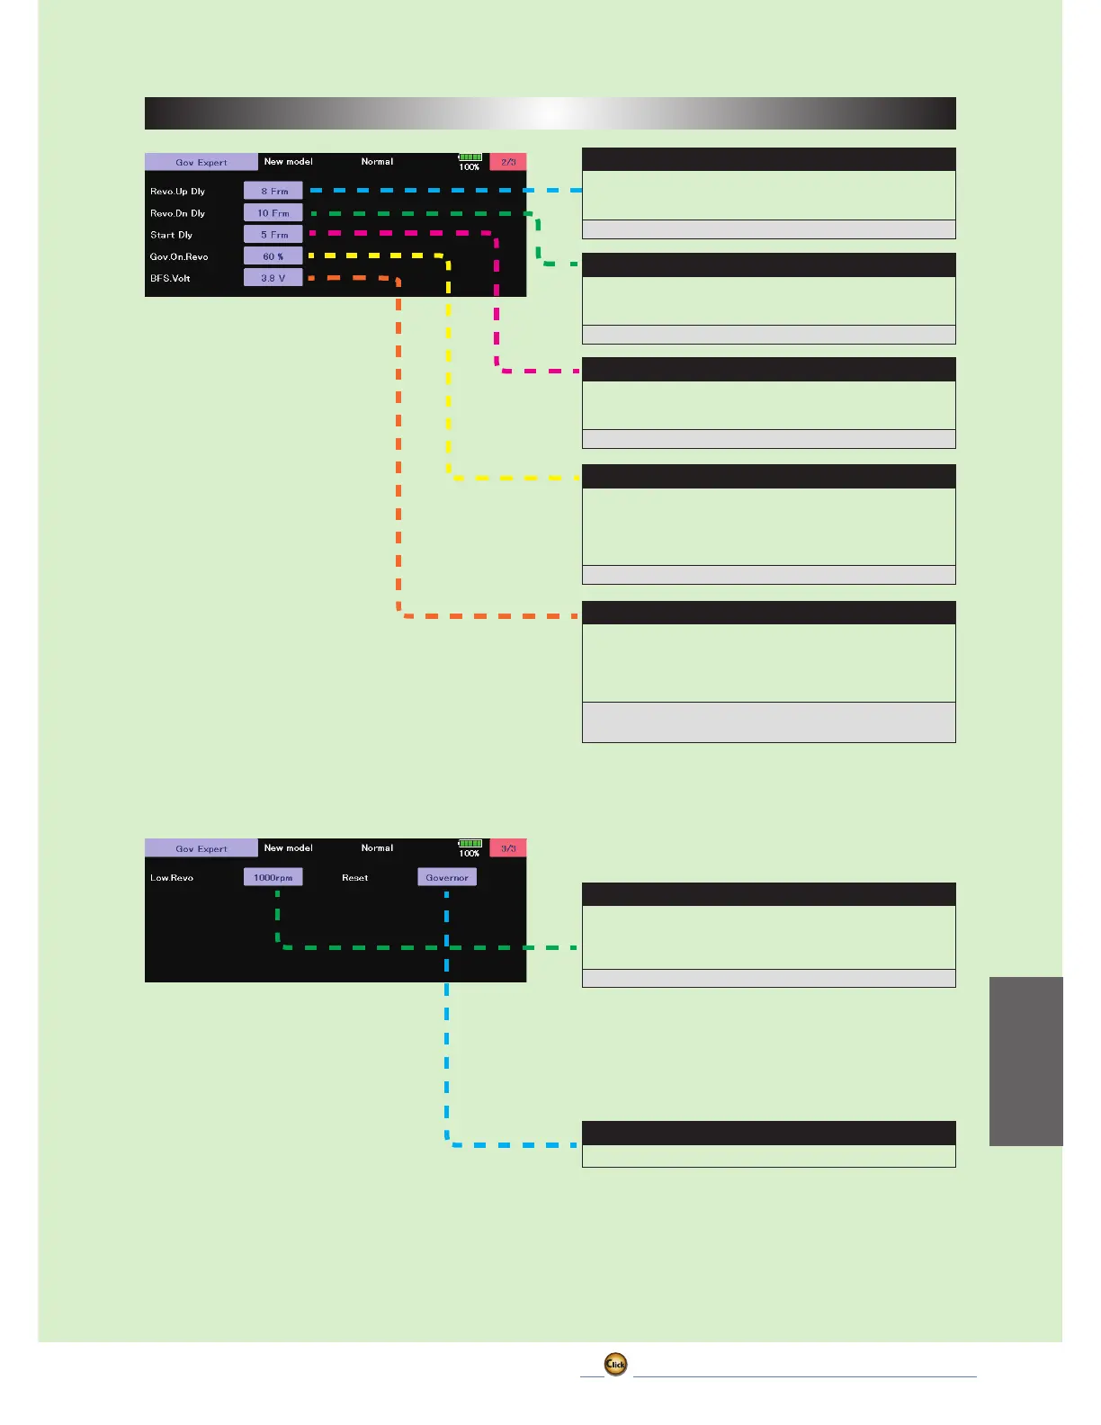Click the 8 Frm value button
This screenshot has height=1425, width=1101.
[x=273, y=191]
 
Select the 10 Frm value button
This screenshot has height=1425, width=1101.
[x=273, y=213]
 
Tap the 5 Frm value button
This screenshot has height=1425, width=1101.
[x=273, y=235]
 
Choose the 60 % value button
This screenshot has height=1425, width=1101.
[x=273, y=256]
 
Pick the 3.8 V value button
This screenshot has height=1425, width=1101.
[x=273, y=278]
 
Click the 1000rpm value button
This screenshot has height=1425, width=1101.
[x=273, y=877]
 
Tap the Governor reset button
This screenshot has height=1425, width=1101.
[x=447, y=877]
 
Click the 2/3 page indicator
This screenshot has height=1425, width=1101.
[x=508, y=162]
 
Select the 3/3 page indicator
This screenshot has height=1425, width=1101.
[x=508, y=848]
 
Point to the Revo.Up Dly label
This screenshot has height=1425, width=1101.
[x=178, y=192]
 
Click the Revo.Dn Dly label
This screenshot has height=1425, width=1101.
[x=178, y=213]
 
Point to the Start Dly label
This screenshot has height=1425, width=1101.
[x=172, y=235]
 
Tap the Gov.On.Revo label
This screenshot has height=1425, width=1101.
[x=179, y=256]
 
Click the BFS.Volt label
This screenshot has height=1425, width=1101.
[x=170, y=278]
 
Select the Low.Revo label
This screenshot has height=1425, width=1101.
[x=172, y=877]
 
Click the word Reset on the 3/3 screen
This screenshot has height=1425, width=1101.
[x=355, y=877]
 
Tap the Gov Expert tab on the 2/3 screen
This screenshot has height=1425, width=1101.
[x=201, y=163]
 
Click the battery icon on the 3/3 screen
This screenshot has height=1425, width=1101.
[x=470, y=844]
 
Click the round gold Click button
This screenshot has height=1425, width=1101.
[x=615, y=1364]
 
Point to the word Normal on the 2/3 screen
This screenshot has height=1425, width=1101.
[x=377, y=162]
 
